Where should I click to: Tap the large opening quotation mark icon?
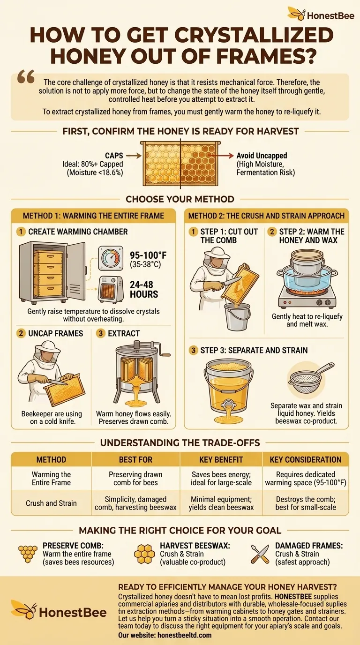click(26, 76)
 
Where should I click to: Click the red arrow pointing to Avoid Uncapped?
click(221, 156)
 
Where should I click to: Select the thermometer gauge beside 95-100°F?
click(111, 258)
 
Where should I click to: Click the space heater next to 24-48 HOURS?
click(111, 290)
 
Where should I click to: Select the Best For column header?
click(135, 459)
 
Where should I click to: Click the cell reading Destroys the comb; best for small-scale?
click(306, 503)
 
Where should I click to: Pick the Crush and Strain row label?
click(51, 503)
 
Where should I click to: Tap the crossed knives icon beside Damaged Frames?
click(260, 554)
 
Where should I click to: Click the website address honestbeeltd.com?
click(184, 635)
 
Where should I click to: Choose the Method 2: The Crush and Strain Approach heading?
click(266, 216)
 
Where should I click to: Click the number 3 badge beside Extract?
click(100, 333)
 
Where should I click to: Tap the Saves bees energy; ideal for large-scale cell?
click(221, 479)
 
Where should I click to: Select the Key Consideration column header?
click(306, 459)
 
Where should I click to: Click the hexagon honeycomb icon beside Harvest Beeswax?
click(144, 554)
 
